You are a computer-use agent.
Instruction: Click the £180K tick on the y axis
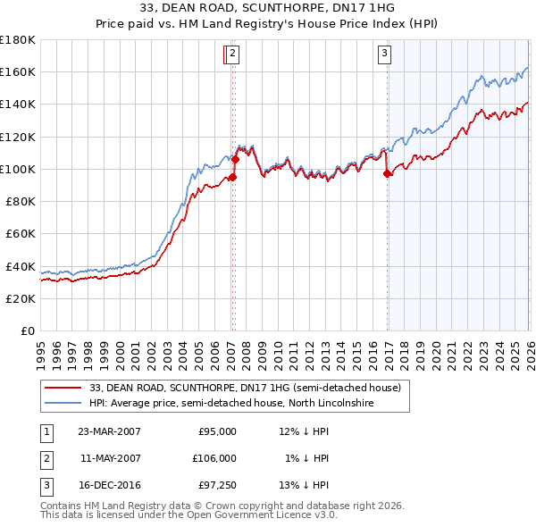click(18, 40)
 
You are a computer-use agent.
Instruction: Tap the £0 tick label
click(29, 331)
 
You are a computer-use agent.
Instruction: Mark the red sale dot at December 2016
click(388, 174)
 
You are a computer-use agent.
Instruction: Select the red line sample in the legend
click(63, 388)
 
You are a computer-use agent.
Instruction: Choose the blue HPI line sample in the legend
click(63, 403)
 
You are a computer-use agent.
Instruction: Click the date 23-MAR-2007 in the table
click(109, 431)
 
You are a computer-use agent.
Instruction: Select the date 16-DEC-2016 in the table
click(109, 485)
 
